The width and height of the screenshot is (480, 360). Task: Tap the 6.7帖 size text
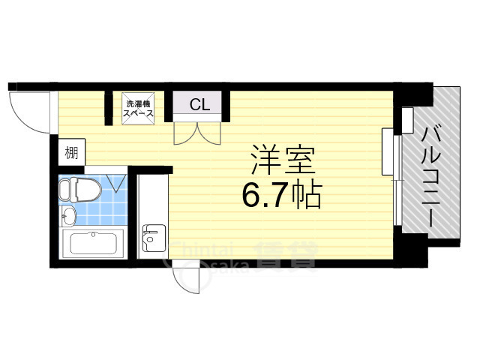(281, 196)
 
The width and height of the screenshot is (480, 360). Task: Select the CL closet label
(199, 104)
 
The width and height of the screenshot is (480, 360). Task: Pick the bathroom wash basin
(68, 217)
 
